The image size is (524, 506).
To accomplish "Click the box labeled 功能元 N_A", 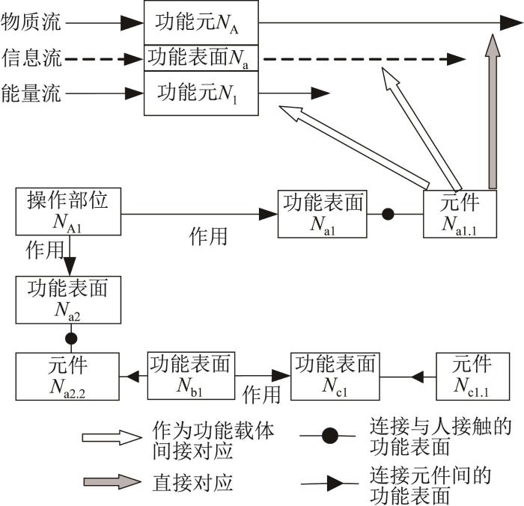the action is tap(201, 22).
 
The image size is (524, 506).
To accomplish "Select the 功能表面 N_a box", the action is tap(201, 58).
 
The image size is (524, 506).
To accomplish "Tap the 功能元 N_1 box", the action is tap(201, 93).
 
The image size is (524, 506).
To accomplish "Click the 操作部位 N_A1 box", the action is tap(68, 212).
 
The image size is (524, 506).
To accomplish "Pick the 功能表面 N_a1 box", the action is tap(323, 214).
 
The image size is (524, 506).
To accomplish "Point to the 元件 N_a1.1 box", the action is tap(460, 214).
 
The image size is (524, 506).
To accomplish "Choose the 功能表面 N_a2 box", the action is tap(68, 300).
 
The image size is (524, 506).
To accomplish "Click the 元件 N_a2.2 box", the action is tap(67, 376).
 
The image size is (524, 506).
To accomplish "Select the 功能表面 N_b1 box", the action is tap(191, 376).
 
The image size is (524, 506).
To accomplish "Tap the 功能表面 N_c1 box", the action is tap(335, 376).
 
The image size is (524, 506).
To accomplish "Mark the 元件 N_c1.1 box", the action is tap(473, 376).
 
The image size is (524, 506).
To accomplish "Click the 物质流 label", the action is tap(31, 22).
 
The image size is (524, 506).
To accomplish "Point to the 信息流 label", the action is tap(31, 58).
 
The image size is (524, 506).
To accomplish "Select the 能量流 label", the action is tap(31, 93).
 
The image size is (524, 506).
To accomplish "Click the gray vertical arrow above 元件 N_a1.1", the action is tap(493, 111).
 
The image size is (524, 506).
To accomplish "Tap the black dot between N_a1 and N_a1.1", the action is tap(388, 214).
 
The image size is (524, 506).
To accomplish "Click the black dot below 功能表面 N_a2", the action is tap(71, 339).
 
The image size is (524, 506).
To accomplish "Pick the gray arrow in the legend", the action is tap(112, 482).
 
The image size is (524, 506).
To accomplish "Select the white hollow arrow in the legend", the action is tap(112, 437).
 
